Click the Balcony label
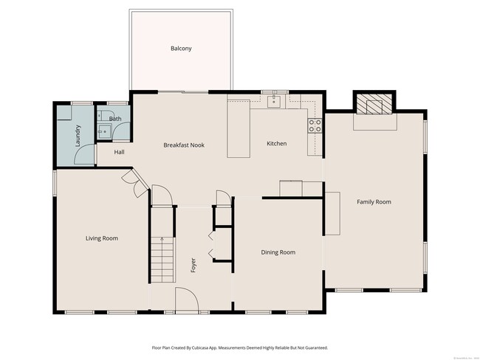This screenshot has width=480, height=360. [x=181, y=49]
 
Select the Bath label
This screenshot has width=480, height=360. [x=115, y=118]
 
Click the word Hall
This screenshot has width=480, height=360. [x=119, y=152]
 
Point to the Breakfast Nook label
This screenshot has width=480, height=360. [x=183, y=145]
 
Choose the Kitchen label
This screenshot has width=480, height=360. [x=276, y=143]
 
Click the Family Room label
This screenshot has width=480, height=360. [x=374, y=201]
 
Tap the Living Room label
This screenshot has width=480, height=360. [x=102, y=238]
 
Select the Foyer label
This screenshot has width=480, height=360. [x=193, y=264]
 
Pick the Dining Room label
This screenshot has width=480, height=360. [x=278, y=252]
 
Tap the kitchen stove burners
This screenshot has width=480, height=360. [x=315, y=125]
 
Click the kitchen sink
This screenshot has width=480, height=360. [x=275, y=100]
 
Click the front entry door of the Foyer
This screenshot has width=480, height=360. [x=186, y=299]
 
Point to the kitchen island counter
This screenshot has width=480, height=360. [x=238, y=130]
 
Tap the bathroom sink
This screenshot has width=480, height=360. [x=104, y=131]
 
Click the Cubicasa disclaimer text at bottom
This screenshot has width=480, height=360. [x=239, y=347]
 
